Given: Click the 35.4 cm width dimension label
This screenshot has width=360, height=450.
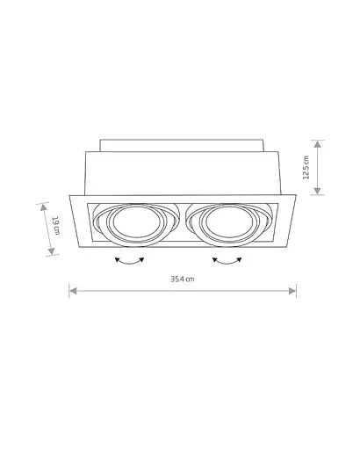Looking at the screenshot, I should [183, 279].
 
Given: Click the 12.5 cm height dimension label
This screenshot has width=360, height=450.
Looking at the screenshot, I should [306, 167].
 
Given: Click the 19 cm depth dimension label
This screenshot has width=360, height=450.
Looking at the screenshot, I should [54, 227].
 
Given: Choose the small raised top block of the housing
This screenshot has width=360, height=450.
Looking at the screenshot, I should [183, 143].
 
